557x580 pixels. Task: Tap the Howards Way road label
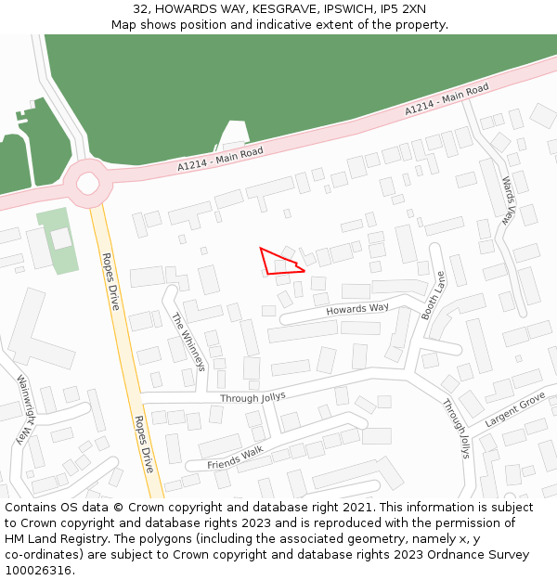click(357, 309)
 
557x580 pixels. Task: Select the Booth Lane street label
click(434, 296)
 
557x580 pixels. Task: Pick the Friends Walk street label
click(235, 458)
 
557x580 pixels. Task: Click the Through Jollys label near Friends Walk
click(253, 397)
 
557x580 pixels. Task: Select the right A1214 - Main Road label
click(446, 99)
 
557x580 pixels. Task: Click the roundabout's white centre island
click(88, 181)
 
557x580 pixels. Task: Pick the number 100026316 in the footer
click(39, 570)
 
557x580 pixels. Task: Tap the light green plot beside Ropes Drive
click(58, 240)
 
